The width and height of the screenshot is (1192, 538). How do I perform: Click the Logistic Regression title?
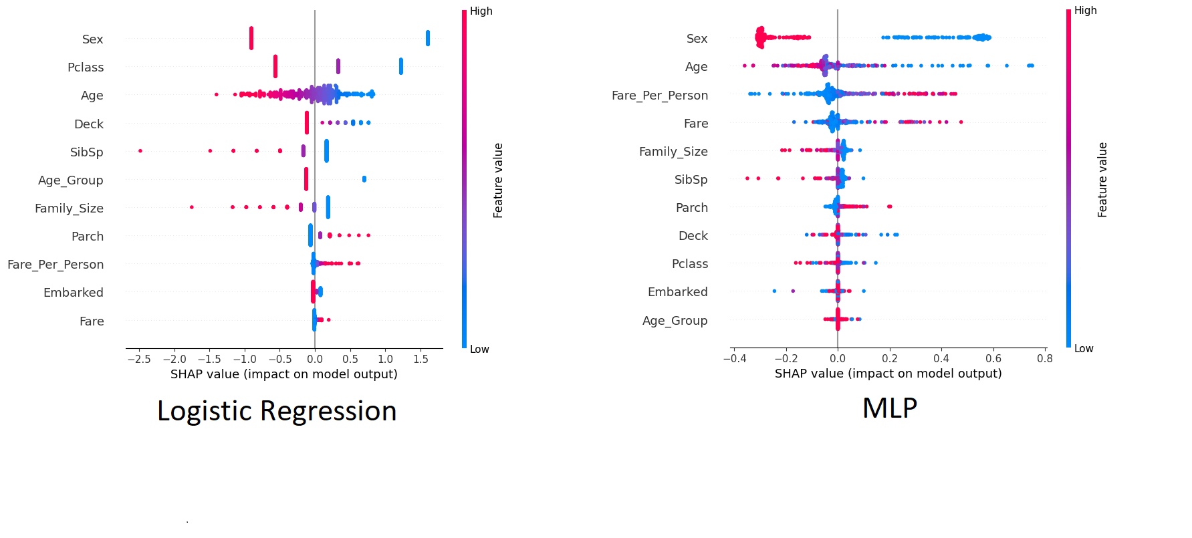(277, 411)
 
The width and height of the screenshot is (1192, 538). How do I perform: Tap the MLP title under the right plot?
(889, 408)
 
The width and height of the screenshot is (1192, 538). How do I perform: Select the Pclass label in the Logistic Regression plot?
(86, 68)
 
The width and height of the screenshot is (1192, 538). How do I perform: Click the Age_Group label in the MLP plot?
(675, 321)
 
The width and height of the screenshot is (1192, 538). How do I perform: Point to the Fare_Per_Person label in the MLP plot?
(659, 96)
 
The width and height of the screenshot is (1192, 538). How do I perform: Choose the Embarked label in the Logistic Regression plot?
(74, 293)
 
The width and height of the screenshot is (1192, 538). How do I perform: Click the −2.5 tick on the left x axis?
(139, 359)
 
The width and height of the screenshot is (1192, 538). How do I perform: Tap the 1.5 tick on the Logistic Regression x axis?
(421, 359)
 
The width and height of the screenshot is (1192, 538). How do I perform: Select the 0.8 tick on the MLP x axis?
(1045, 358)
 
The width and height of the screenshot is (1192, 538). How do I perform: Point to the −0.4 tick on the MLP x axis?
(734, 358)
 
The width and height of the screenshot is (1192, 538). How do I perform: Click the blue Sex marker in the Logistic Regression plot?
(428, 39)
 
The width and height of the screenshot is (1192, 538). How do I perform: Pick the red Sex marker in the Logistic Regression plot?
(251, 38)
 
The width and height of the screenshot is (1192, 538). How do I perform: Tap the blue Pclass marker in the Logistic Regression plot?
(401, 66)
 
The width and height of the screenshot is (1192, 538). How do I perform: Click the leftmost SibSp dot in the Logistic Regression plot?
(140, 151)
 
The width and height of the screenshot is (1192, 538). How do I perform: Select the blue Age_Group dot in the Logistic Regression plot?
(364, 179)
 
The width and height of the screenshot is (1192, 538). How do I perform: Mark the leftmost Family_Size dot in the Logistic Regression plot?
(192, 207)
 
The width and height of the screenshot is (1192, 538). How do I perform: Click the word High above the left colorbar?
(481, 11)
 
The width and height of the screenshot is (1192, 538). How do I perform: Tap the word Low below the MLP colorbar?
(1083, 349)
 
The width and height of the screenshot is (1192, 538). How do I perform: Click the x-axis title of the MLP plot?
(888, 374)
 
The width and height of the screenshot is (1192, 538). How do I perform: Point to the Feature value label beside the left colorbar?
(498, 180)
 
